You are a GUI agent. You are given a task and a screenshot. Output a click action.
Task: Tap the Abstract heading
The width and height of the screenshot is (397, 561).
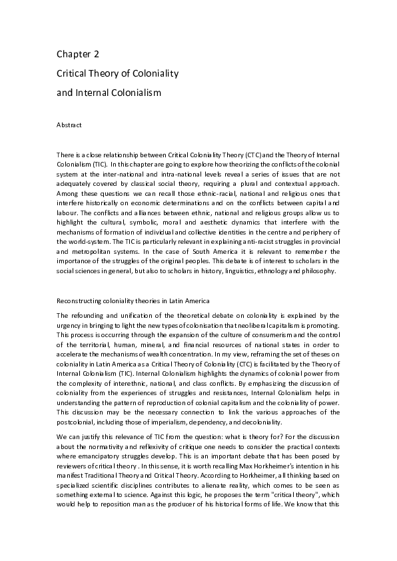69,124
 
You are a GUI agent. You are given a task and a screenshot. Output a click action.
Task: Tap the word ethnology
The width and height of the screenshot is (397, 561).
282,271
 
